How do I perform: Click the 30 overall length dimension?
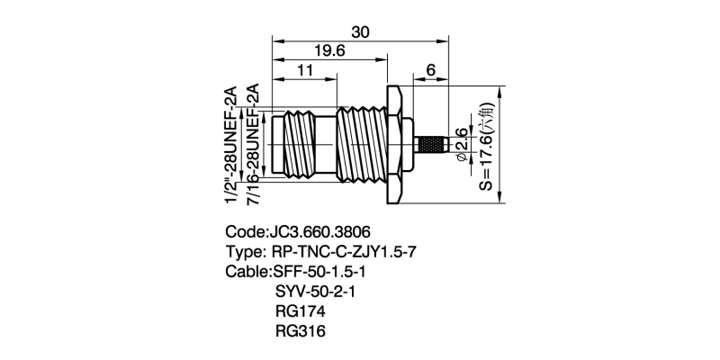[360, 31]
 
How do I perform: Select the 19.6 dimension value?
[330, 51]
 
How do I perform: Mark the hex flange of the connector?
[395, 144]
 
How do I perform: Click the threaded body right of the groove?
[360, 144]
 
